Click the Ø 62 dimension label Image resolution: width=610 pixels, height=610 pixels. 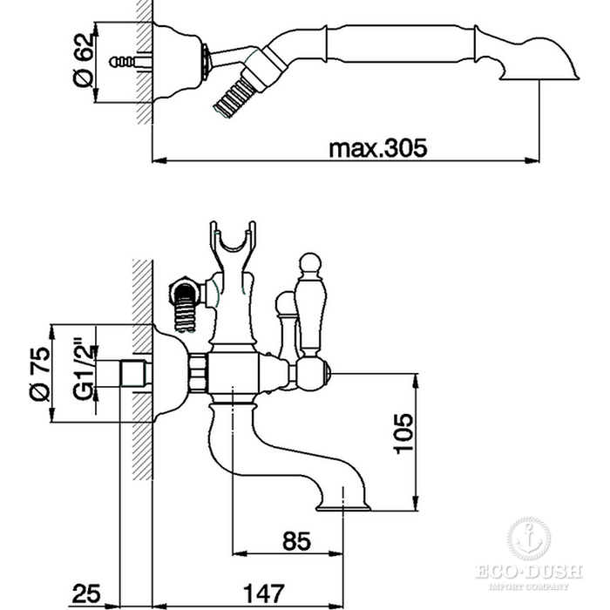[84, 60]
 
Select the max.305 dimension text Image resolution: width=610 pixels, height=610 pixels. [377, 148]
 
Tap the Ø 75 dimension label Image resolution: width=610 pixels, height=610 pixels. [40, 374]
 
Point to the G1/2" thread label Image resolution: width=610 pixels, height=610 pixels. [84, 371]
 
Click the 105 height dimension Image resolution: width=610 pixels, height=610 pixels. [403, 434]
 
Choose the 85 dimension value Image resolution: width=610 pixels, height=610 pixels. [296, 541]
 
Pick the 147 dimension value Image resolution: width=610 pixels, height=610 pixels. [264, 593]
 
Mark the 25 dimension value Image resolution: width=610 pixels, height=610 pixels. [86, 593]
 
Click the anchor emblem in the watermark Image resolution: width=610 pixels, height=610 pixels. [529, 538]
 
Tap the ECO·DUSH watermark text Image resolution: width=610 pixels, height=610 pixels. [529, 572]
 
